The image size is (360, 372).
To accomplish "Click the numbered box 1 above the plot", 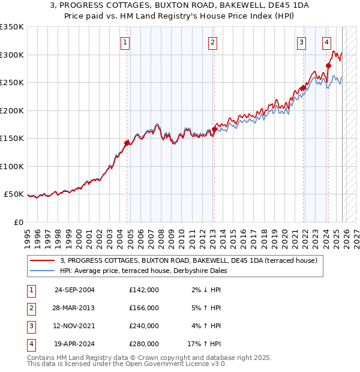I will coord(125,42).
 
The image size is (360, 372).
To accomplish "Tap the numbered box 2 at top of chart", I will coord(213,42).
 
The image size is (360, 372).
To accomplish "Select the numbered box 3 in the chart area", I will coord(301,42).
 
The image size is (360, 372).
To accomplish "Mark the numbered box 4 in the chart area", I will coord(326,42).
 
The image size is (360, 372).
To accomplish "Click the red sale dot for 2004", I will coord(127,143).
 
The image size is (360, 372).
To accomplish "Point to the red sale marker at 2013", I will coord(214,129).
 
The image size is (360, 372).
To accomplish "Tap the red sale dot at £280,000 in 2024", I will coord(328,66).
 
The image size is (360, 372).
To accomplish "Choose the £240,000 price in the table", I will coord(143,326).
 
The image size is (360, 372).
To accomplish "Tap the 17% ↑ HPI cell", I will coord(204,344).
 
